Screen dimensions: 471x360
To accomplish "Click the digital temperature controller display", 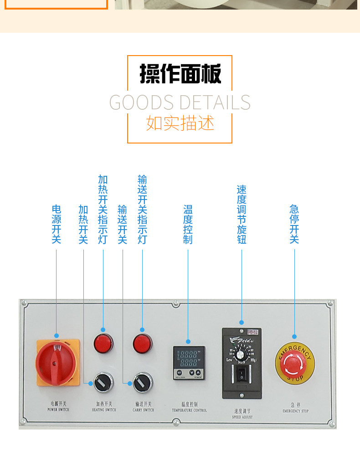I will pyautogui.click(x=189, y=358).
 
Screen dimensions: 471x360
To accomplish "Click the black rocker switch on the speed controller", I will pyautogui.click(x=242, y=376).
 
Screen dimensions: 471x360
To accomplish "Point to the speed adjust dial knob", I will pyautogui.click(x=242, y=351).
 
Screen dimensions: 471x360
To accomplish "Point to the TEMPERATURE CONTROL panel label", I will pyautogui.click(x=189, y=407).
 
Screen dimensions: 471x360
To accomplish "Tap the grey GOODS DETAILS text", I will pyautogui.click(x=180, y=102).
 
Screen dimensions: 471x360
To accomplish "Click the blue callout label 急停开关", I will pyautogui.click(x=294, y=224).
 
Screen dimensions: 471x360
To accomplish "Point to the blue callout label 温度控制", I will pyautogui.click(x=188, y=224).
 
